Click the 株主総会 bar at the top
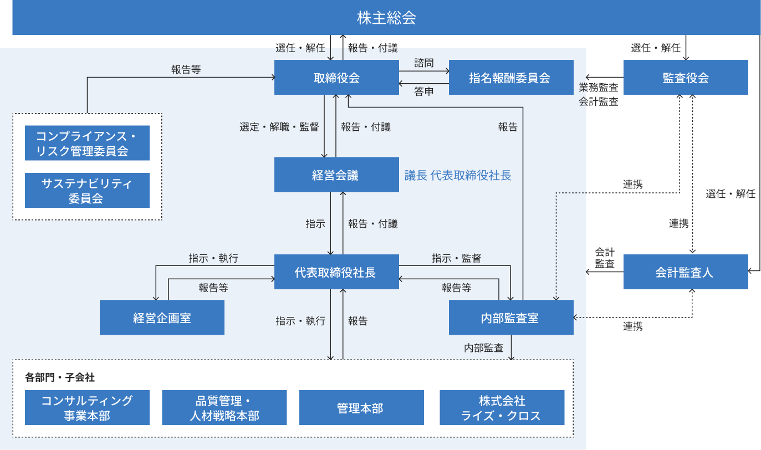(x=386, y=18)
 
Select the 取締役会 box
(x=336, y=78)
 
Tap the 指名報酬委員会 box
(x=509, y=78)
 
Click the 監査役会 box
(x=686, y=78)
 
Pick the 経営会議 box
(x=336, y=175)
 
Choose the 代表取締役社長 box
(x=336, y=272)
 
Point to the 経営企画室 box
(x=162, y=318)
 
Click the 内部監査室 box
(x=510, y=318)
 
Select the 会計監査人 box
(x=686, y=272)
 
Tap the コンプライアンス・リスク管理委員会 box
(x=87, y=143)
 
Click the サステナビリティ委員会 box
(x=87, y=190)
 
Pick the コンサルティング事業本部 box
(x=87, y=408)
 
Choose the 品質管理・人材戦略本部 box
(x=224, y=408)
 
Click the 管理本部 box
(x=361, y=408)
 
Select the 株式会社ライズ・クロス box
(x=502, y=408)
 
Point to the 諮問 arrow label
(x=424, y=63)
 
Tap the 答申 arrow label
(x=424, y=92)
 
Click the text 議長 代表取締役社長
(x=458, y=176)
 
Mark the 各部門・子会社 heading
(x=60, y=378)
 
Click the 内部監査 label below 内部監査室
(x=484, y=348)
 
